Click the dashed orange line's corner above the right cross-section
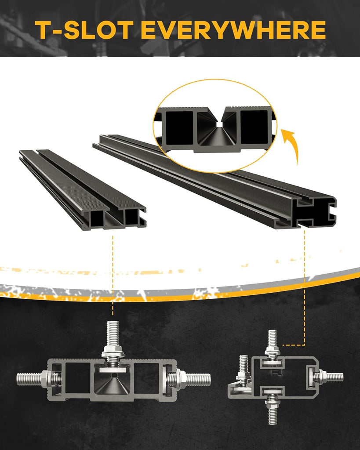tap(304, 345)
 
